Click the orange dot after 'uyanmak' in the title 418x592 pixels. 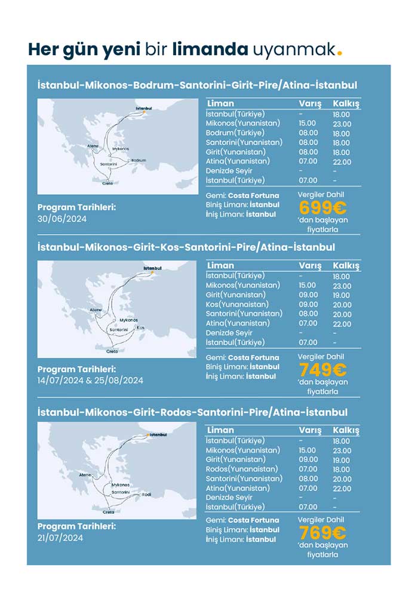click(340, 53)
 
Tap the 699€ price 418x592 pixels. click(322, 208)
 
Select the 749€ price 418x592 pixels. click(322, 370)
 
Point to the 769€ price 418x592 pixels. click(322, 533)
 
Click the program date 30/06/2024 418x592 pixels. click(62, 219)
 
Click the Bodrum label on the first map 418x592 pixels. click(138, 160)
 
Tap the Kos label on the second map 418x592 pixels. click(140, 327)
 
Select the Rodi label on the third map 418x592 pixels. click(146, 494)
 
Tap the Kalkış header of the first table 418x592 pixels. click(346, 104)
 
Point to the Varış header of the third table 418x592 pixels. click(310, 430)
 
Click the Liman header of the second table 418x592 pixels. click(220, 266)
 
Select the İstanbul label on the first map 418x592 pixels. click(144, 108)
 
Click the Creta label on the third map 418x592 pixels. click(108, 512)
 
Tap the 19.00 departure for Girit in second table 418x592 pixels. click(342, 295)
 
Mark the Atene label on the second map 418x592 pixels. click(96, 310)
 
